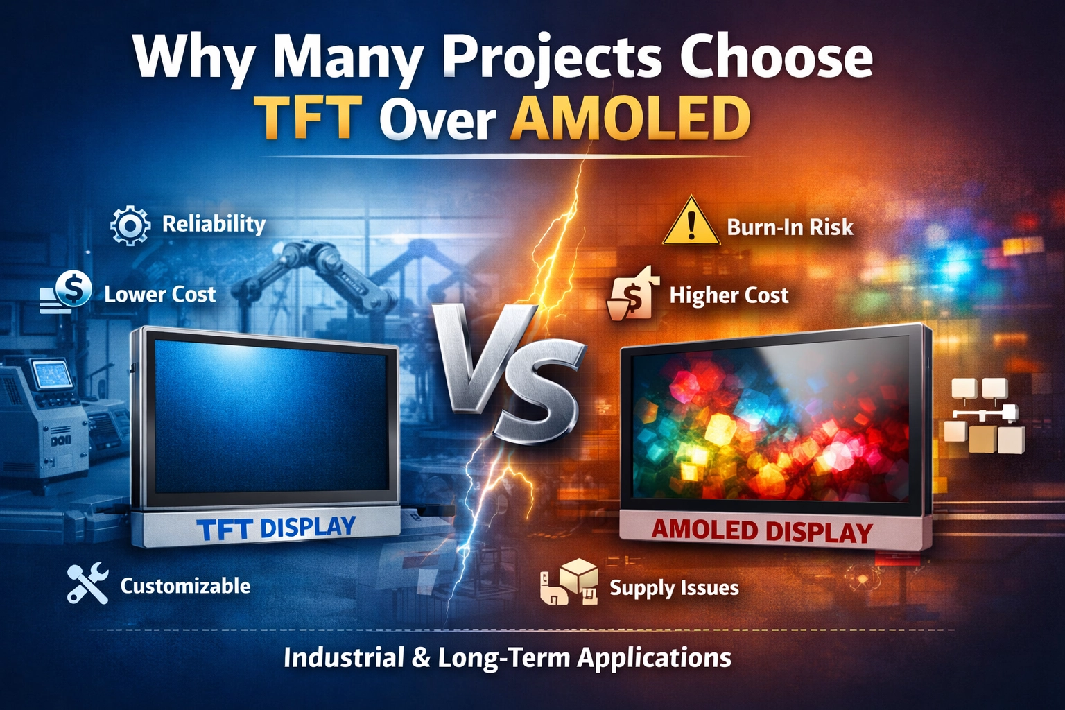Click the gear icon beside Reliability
tap(130, 225)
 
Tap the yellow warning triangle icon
tap(691, 223)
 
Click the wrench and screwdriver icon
tap(87, 583)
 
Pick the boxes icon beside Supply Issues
tap(570, 582)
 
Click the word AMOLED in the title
tap(630, 118)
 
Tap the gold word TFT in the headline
tap(306, 118)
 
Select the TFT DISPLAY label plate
tap(276, 528)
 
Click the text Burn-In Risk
tap(790, 227)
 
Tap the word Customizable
tap(185, 586)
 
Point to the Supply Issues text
tap(674, 588)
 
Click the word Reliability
tap(214, 224)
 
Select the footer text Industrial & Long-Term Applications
tap(507, 657)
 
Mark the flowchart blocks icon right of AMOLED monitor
tap(983, 416)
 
